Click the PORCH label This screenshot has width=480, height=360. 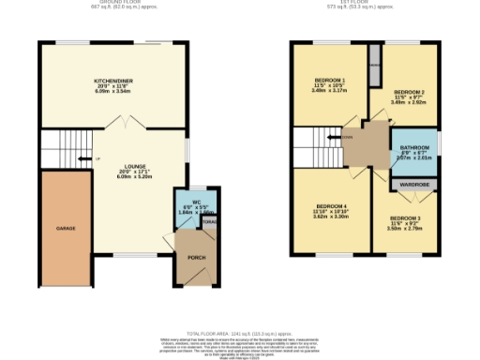[x=196, y=257]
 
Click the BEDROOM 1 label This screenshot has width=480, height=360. [x=330, y=81]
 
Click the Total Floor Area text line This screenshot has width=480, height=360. [x=239, y=334]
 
